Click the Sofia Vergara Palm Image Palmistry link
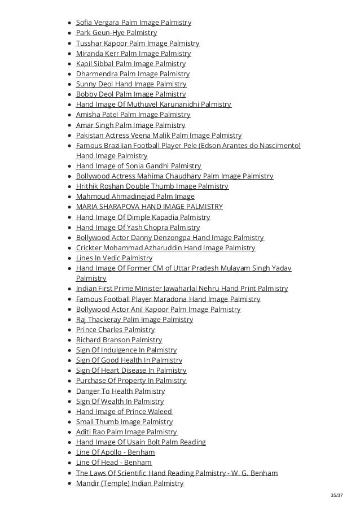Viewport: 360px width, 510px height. (x=133, y=23)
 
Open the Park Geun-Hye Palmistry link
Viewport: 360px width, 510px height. (x=116, y=33)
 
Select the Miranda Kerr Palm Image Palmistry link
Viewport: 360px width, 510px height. (x=133, y=54)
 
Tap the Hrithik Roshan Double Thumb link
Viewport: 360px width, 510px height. (x=152, y=186)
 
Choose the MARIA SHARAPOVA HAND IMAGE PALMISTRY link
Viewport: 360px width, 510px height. (x=149, y=207)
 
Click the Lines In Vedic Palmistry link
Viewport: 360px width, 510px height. (x=114, y=258)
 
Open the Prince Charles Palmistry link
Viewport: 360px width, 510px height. (x=115, y=330)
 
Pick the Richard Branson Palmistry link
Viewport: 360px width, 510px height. (x=119, y=340)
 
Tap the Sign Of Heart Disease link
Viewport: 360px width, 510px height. (x=131, y=370)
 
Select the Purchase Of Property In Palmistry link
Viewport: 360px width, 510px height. (x=131, y=381)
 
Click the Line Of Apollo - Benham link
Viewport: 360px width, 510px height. (x=115, y=452)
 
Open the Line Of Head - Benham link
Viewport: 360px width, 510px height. (x=113, y=463)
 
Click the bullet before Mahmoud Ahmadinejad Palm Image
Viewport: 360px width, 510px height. (x=69, y=197)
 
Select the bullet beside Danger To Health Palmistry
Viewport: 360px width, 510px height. (x=69, y=391)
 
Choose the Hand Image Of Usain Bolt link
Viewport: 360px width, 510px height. (x=141, y=442)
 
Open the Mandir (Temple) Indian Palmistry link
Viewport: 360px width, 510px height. (x=130, y=483)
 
